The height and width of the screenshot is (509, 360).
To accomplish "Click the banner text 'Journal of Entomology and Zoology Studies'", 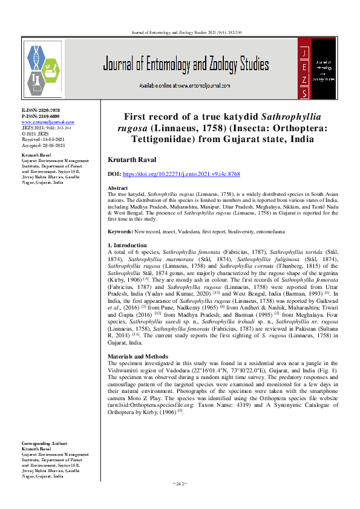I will [x=186, y=65].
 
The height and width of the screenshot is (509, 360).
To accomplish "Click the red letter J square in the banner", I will [x=305, y=54].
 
